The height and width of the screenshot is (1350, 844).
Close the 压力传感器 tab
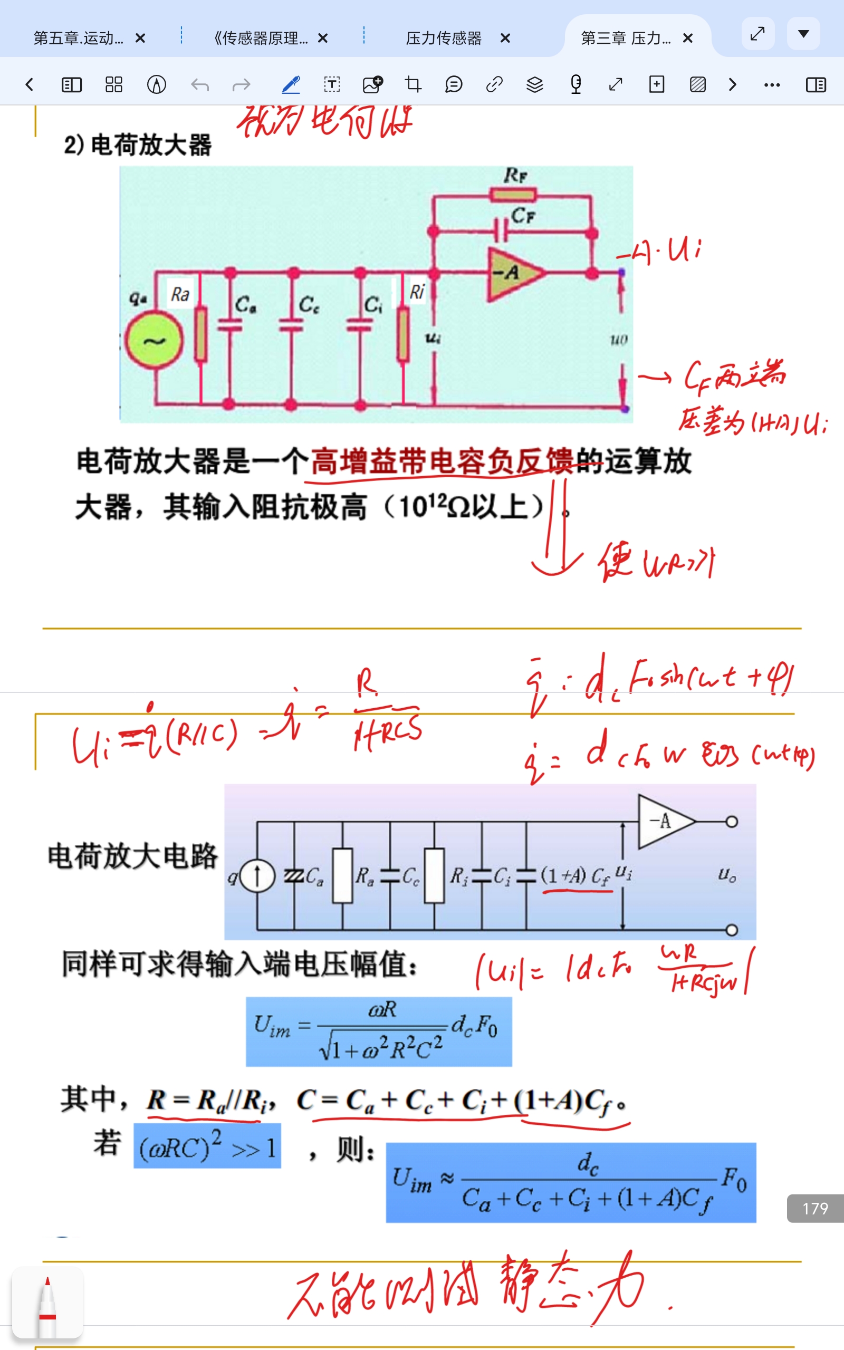505,38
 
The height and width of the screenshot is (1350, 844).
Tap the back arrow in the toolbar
30,85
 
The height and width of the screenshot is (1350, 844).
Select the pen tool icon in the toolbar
291,85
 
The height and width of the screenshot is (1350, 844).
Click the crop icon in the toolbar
413,85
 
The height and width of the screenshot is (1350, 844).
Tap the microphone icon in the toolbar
576,85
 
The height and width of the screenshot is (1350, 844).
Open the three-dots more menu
772,85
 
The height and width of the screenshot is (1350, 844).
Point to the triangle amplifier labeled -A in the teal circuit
512,273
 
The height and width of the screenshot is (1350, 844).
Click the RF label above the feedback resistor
515,176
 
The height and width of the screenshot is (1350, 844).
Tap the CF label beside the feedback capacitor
523,215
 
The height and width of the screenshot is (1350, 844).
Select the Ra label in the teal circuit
180,294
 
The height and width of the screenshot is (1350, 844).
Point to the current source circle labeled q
257,876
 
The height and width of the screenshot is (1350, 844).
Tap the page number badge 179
815,1208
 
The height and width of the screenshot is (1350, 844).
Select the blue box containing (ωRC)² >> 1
207,1146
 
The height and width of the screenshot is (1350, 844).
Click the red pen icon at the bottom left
47,1303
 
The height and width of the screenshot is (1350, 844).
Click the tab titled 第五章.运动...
78,38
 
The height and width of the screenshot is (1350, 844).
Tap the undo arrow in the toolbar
200,85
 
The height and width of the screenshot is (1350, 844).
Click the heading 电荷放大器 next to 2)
151,145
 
